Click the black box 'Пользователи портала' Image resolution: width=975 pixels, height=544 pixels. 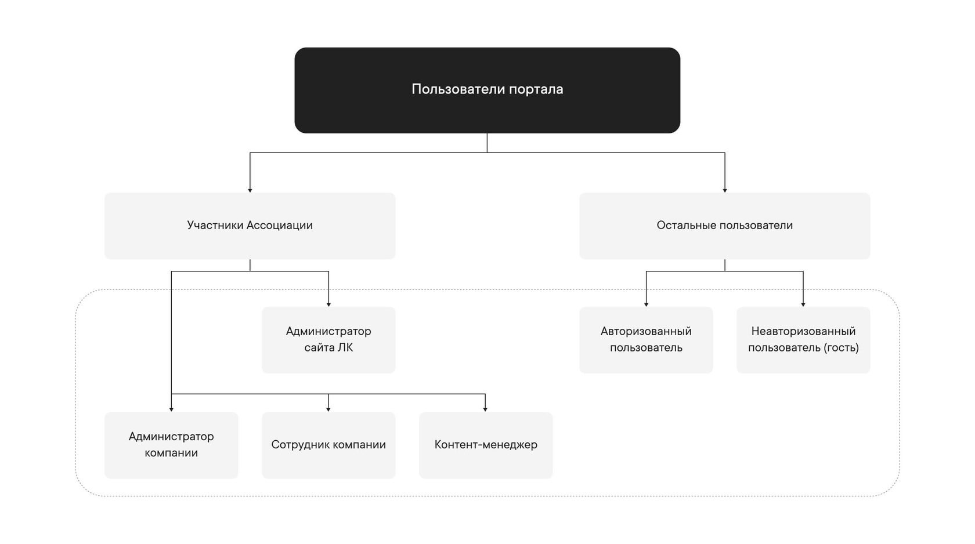(487, 90)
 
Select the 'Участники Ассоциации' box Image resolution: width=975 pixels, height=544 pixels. (250, 226)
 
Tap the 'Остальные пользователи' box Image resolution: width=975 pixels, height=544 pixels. (725, 226)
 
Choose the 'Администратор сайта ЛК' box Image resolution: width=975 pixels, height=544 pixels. (328, 340)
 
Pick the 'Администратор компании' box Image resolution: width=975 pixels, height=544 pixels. (171, 445)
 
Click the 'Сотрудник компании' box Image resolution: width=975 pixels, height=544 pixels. (328, 445)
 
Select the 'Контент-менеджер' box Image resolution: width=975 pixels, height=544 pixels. (486, 445)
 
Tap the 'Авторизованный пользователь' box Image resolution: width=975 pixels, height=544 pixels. (646, 340)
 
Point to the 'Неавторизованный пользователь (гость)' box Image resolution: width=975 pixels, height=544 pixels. (803, 340)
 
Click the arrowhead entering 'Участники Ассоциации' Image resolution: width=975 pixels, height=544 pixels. (250, 190)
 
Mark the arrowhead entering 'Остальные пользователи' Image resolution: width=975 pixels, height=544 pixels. (725, 190)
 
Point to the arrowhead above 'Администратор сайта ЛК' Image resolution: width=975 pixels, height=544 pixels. (328, 304)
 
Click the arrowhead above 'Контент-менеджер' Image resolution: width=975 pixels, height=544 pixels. (485, 409)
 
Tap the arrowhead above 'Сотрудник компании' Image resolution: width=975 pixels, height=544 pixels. (328, 409)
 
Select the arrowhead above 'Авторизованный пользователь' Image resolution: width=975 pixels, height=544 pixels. (646, 304)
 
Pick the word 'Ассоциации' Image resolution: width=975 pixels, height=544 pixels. (280, 225)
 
